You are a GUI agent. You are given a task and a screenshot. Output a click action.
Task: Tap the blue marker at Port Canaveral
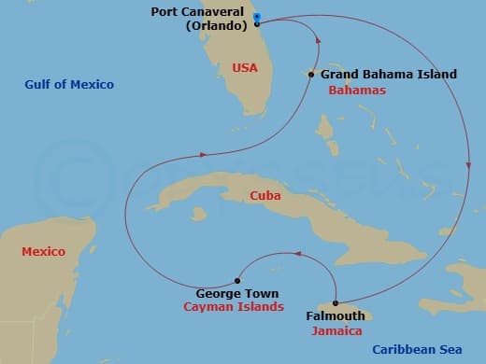[x=257, y=17]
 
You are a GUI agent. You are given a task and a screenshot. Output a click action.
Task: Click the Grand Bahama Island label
[x=389, y=74]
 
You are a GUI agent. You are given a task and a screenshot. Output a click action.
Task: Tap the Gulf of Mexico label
[x=69, y=85]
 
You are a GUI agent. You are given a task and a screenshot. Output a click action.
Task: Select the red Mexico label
[x=43, y=251]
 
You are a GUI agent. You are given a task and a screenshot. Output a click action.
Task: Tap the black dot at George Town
[x=238, y=280]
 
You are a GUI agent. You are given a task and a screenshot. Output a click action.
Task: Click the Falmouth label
[x=335, y=316]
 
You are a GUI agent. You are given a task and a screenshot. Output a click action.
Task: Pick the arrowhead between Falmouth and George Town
[x=297, y=253]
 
